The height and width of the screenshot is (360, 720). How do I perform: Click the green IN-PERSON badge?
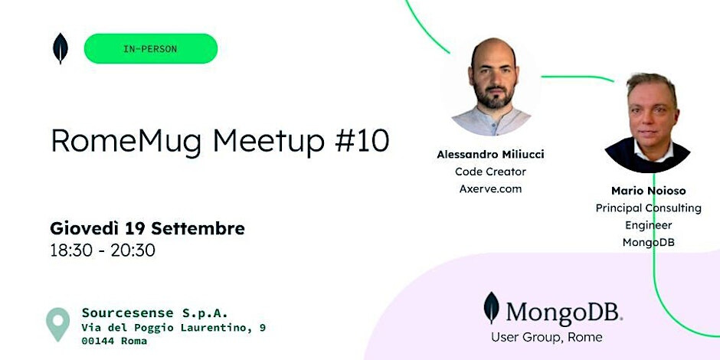click(x=151, y=49)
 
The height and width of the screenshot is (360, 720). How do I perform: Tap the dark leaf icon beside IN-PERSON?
click(x=61, y=49)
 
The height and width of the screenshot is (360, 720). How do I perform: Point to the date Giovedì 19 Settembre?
click(x=147, y=228)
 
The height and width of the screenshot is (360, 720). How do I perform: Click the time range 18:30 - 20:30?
click(x=103, y=250)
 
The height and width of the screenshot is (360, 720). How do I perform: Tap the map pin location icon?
click(x=58, y=324)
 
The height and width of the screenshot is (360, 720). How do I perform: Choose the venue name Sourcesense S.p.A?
click(x=155, y=313)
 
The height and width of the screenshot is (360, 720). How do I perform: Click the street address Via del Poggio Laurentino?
click(x=167, y=328)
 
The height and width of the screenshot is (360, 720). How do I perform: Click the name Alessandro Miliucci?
click(x=490, y=155)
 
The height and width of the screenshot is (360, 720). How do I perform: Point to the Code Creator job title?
click(x=490, y=172)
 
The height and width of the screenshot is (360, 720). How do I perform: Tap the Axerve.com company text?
click(x=490, y=188)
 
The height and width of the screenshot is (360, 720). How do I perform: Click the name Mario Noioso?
click(x=648, y=191)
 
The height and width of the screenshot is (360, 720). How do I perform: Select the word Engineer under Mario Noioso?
click(x=648, y=225)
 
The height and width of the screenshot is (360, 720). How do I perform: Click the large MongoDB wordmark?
click(x=565, y=313)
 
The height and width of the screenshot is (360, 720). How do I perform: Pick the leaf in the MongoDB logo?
click(x=491, y=308)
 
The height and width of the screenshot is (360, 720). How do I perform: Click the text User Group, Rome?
click(x=546, y=338)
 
